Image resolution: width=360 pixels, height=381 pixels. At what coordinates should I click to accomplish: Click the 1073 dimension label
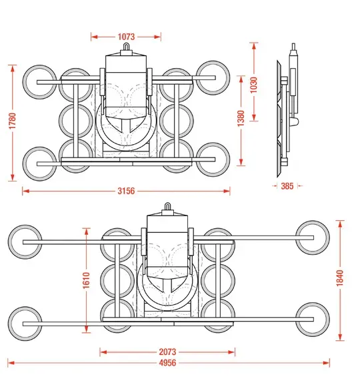tap(126, 37)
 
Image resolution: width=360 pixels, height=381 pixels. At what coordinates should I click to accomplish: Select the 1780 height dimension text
tap(12, 121)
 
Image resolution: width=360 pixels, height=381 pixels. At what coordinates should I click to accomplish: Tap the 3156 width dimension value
tap(126, 191)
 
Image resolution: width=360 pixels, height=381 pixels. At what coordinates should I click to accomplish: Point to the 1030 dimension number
tap(254, 85)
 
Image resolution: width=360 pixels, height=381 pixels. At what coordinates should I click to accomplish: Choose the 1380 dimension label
tap(241, 118)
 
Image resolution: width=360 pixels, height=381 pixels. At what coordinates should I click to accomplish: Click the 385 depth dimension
tap(287, 186)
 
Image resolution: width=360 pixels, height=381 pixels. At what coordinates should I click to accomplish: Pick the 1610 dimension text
tap(87, 280)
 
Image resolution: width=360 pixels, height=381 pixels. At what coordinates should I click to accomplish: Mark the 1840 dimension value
tap(340, 278)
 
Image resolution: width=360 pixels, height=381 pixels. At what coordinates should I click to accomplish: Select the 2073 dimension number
tap(167, 352)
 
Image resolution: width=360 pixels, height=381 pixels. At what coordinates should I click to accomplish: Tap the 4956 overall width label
tap(167, 363)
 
